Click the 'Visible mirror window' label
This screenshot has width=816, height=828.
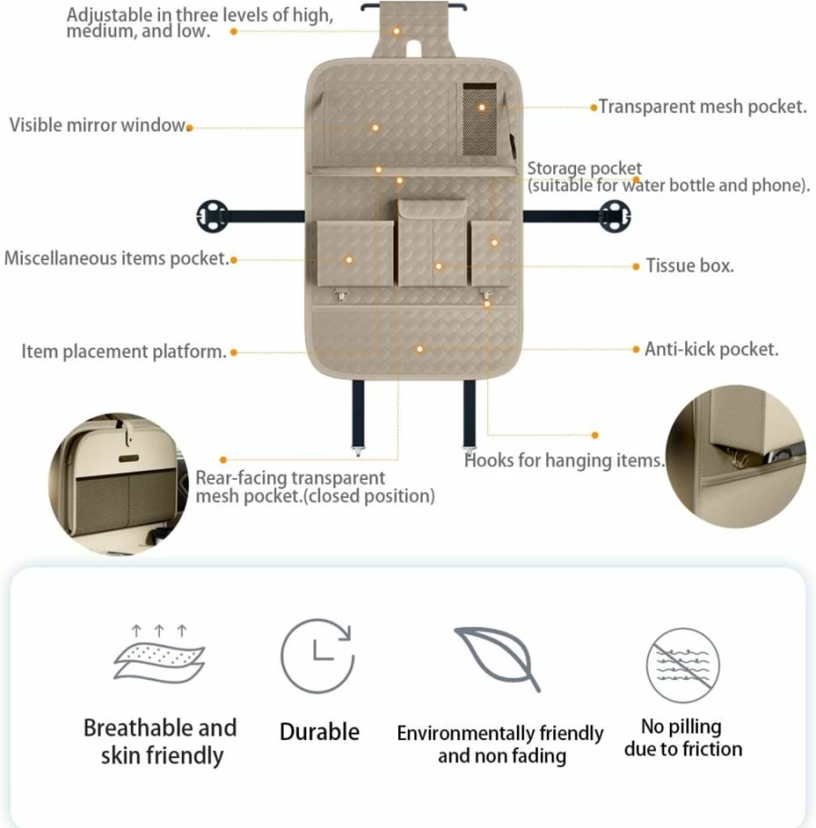tap(97, 125)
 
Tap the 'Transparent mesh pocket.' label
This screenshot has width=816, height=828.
tap(702, 106)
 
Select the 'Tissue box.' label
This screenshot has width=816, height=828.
tap(690, 265)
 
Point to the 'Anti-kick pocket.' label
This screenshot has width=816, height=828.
tap(712, 349)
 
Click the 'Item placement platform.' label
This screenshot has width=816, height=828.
tap(124, 352)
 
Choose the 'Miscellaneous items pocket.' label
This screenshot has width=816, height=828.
tap(116, 259)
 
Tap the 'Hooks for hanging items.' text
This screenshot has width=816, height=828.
tap(564, 461)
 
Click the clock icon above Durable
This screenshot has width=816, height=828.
tap(318, 656)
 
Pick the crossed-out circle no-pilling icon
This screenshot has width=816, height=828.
tap(683, 664)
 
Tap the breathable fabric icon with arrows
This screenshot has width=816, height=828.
tap(159, 654)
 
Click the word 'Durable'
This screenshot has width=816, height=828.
tap(319, 732)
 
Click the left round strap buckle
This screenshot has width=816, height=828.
tap(213, 216)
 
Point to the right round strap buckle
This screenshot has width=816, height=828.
tap(614, 216)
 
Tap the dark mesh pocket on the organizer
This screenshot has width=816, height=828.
tap(480, 119)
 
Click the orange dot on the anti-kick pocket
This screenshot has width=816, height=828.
tap(420, 349)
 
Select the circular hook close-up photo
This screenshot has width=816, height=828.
tap(736, 456)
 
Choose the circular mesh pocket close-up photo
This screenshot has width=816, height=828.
tap(119, 484)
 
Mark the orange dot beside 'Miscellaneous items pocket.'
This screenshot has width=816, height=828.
tap(234, 260)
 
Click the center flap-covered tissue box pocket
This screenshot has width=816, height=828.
tap(433, 243)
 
